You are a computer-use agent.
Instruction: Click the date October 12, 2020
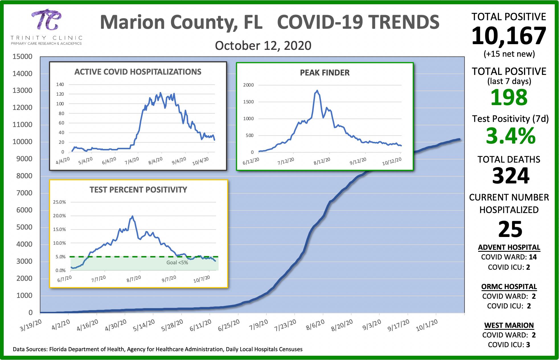tap(263, 46)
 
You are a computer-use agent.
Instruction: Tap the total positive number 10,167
tap(509, 36)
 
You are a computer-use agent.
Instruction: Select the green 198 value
tap(509, 97)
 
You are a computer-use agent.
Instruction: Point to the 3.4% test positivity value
tap(511, 136)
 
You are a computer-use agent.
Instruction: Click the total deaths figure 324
tap(511, 176)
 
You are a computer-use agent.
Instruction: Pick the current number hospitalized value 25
tap(510, 229)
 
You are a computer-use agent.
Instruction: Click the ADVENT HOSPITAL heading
tap(509, 248)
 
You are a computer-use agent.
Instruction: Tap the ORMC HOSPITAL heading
tap(509, 287)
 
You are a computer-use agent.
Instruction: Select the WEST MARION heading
tap(509, 325)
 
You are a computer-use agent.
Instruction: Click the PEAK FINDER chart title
tap(325, 73)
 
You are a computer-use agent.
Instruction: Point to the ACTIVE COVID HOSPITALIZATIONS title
tap(138, 72)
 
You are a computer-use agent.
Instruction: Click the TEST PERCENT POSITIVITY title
tap(138, 190)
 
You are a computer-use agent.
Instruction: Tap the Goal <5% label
tap(177, 263)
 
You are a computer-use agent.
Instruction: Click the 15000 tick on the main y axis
tap(22, 56)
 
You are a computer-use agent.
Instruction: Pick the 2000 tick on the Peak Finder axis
tap(248, 85)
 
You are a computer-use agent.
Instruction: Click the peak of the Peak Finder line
tap(317, 91)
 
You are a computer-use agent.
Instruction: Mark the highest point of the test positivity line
tap(132, 216)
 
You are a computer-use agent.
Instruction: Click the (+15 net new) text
tap(509, 54)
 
